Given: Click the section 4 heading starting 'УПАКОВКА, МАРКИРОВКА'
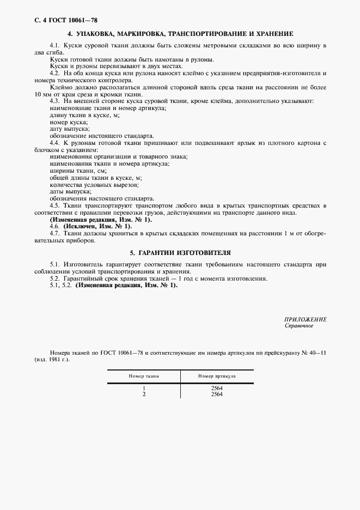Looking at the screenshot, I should pos(180,33).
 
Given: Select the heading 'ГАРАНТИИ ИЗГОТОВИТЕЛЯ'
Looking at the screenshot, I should pos(180,253).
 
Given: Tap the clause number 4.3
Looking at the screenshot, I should pos(54,102).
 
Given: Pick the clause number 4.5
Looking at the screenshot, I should pos(54,205).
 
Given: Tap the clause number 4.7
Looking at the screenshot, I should pos(54,233).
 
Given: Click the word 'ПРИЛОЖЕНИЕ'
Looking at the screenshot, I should pos(305,319).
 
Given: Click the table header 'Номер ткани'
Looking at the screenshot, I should pos(143,376).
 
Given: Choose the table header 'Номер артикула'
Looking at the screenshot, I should pos(216,376).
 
